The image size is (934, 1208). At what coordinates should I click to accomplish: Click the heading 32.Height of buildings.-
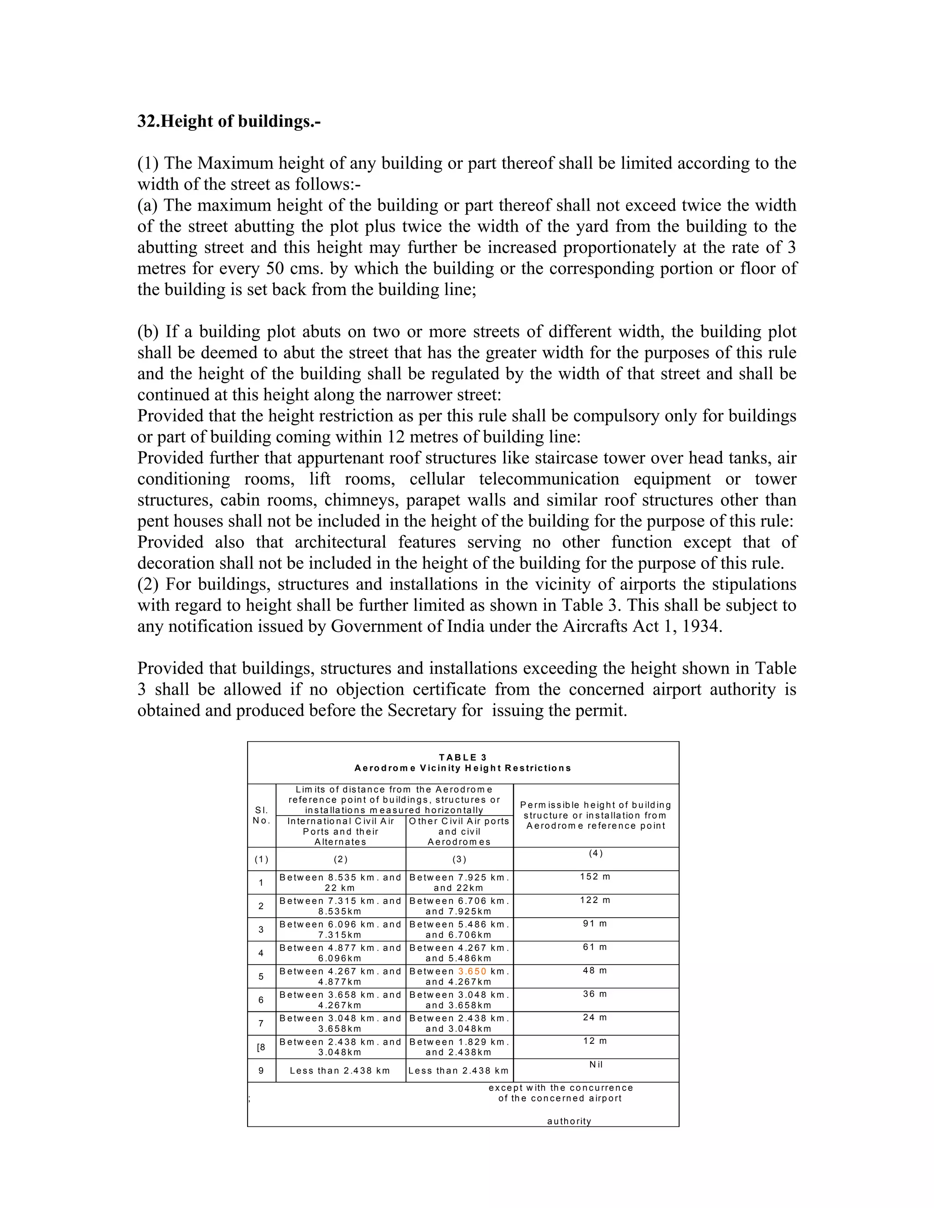click(229, 121)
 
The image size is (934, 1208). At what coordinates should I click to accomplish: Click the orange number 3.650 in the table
click(472, 971)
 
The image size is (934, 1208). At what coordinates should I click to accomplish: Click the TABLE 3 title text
click(462, 757)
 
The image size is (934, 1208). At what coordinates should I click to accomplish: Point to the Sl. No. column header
click(261, 816)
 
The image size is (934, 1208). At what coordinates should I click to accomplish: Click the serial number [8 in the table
click(261, 1047)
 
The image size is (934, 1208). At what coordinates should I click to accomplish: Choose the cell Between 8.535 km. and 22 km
click(340, 882)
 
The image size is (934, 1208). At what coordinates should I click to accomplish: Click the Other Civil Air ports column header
click(459, 831)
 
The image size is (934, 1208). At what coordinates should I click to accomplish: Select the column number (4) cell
click(595, 853)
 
